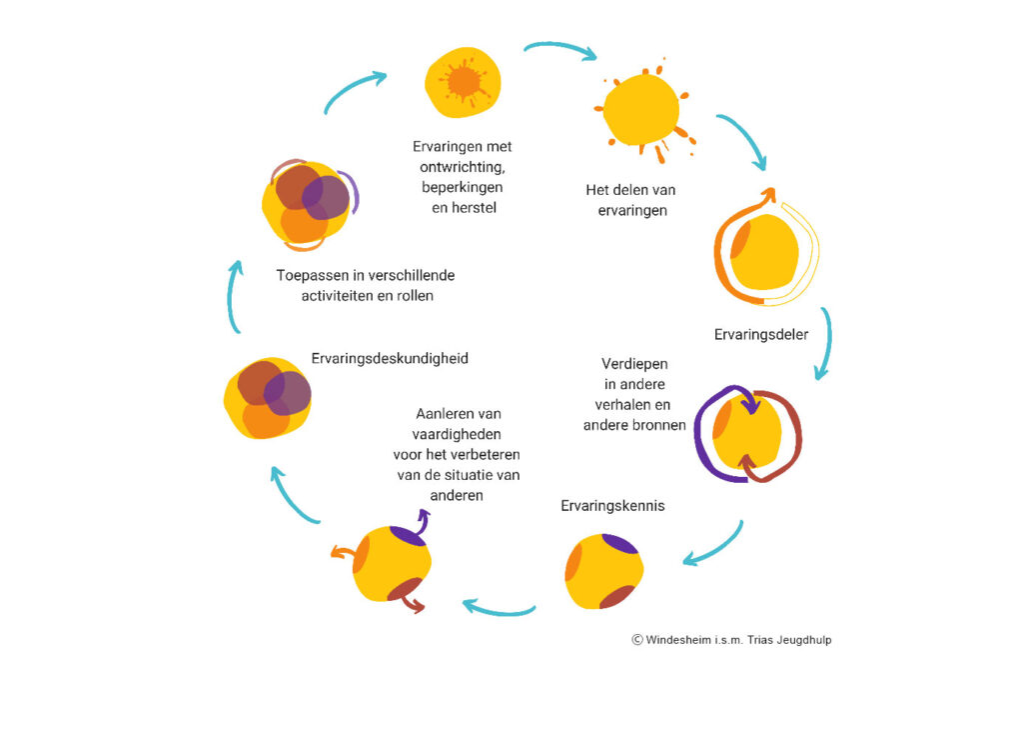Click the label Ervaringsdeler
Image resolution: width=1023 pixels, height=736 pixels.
tap(760, 334)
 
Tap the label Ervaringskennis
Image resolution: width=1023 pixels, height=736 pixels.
tap(612, 506)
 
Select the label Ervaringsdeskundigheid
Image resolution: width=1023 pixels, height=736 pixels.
tap(390, 358)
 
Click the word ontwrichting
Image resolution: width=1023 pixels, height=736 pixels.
tap(462, 167)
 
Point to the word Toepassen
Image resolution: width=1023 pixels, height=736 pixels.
tap(311, 275)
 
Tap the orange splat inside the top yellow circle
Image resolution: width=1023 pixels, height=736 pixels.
tap(464, 81)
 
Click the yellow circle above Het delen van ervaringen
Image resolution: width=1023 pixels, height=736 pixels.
tap(641, 109)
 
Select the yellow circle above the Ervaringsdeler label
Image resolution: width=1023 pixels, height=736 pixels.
tap(766, 252)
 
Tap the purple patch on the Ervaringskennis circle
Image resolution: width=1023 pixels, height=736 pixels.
tap(620, 544)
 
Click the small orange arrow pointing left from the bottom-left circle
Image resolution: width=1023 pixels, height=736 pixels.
tap(341, 551)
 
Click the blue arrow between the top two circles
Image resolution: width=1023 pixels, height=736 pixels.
tap(559, 48)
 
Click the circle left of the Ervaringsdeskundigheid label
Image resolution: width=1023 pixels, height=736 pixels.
tap(267, 398)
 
